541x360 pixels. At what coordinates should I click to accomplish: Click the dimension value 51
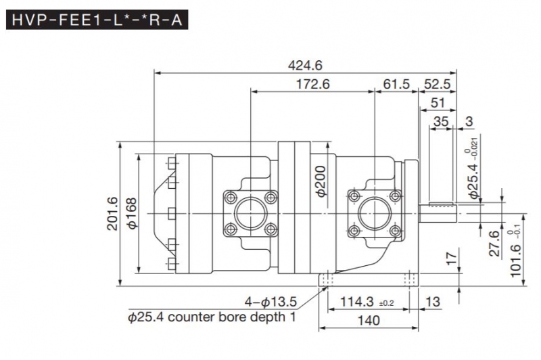click(x=438, y=103)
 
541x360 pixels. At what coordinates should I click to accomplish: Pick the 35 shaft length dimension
click(x=441, y=122)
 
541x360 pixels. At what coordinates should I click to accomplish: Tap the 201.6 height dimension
click(x=112, y=213)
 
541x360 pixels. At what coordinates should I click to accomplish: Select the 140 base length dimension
click(x=370, y=321)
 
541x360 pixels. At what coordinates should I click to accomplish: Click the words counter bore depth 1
click(x=233, y=316)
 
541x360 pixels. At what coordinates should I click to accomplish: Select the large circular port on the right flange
click(x=375, y=214)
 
